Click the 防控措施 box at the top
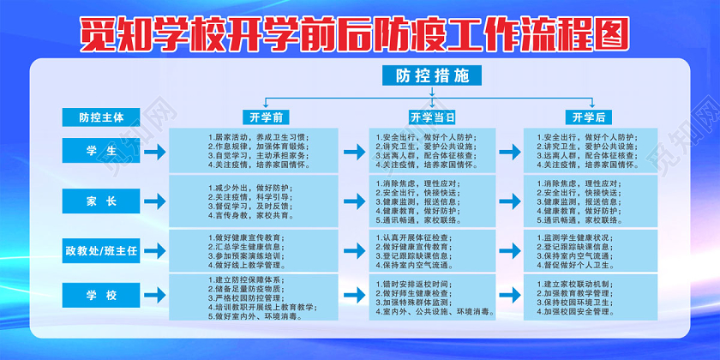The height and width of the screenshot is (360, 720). pyautogui.click(x=427, y=75)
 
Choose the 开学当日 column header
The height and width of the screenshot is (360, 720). pyautogui.click(x=431, y=117)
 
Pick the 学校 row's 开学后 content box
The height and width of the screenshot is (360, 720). pyautogui.click(x=591, y=297)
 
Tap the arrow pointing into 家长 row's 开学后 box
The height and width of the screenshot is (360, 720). pyautogui.click(x=510, y=201)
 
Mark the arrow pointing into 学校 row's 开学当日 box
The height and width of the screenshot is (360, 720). pyautogui.click(x=353, y=297)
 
